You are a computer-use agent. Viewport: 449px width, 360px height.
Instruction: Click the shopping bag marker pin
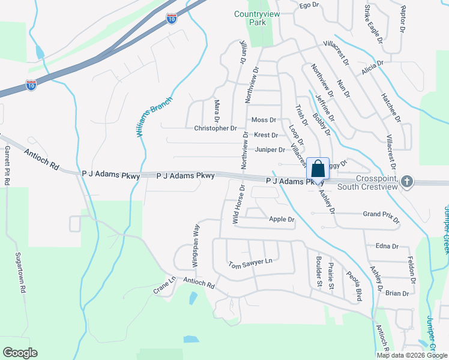coord(318,168)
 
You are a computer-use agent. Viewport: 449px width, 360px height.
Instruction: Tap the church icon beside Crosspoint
coord(408,181)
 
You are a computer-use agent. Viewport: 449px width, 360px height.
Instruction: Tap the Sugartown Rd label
coord(23,273)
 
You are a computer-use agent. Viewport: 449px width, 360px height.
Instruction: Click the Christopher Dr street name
coord(215,128)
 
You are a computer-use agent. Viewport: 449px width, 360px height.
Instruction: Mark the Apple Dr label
coord(282,220)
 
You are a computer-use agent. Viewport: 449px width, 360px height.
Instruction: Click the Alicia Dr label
coord(372,67)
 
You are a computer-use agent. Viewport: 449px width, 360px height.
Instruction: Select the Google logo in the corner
coord(20,353)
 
